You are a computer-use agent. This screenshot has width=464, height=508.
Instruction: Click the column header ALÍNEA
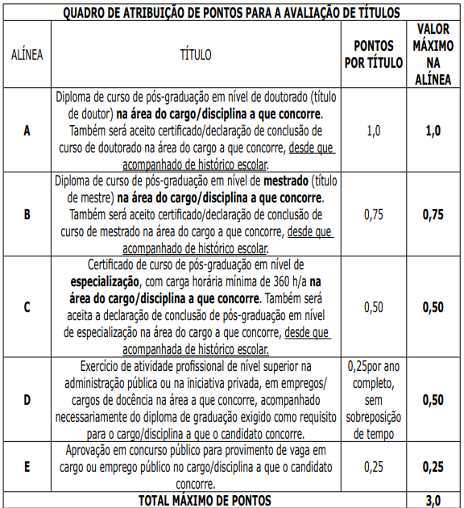[x=27, y=56]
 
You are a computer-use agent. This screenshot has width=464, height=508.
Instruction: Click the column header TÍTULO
[x=196, y=56]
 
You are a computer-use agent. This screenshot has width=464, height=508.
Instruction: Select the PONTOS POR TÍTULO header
[x=374, y=56]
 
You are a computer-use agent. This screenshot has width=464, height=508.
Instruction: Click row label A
[x=27, y=131]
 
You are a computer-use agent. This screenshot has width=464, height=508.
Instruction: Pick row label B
[x=27, y=214]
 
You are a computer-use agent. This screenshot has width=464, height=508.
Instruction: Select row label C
[x=27, y=307]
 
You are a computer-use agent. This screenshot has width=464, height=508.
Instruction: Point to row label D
[x=27, y=399]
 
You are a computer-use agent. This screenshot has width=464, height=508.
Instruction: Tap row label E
[x=27, y=467]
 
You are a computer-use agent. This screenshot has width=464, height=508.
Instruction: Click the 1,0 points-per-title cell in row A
[x=374, y=131]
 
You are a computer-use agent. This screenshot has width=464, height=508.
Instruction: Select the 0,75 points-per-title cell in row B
[x=374, y=214]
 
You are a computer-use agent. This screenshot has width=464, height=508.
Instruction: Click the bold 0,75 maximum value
[x=433, y=214]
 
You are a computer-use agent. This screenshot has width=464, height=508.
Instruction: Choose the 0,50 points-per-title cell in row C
[x=374, y=307]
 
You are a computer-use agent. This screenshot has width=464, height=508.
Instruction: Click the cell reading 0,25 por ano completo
[x=374, y=399]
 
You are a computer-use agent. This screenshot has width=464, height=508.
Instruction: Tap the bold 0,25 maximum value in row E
[x=433, y=467]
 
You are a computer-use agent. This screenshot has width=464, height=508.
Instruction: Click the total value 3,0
[x=433, y=501]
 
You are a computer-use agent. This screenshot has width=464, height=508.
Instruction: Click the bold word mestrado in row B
[x=284, y=179]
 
